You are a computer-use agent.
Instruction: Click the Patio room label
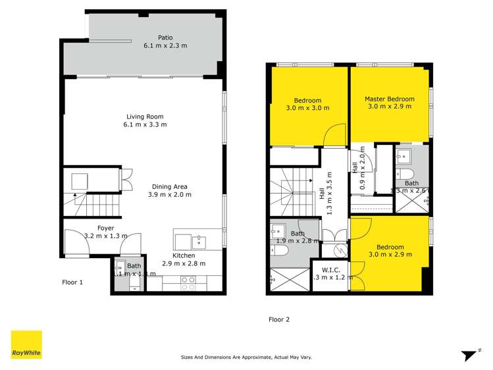point(165,38)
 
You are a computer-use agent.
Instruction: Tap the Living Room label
point(145,116)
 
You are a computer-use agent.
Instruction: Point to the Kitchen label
point(184,255)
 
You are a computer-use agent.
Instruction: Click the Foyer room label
point(106,228)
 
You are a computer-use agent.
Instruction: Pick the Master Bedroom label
point(390,99)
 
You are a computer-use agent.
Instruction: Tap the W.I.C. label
point(330,269)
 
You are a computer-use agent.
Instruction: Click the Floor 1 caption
point(72,282)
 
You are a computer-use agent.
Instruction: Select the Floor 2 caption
point(279,319)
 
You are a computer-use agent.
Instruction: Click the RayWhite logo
point(26,345)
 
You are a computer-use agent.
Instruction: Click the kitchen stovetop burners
point(188,283)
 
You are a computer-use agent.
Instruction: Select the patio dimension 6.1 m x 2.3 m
point(165,46)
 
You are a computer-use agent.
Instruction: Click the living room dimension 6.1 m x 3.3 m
point(145,124)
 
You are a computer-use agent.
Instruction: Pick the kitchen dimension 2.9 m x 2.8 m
point(184,263)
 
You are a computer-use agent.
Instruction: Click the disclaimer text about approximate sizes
point(246,357)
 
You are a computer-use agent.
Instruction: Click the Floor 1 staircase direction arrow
point(76,196)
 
